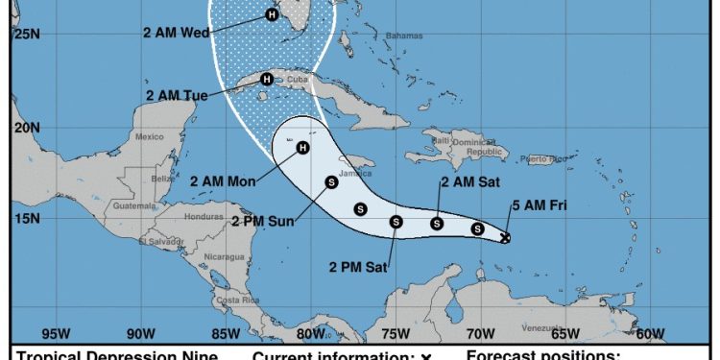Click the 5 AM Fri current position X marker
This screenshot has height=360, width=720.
click(506, 237)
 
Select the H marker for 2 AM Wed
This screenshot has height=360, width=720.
click(272, 14)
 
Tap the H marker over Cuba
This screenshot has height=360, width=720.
click(267, 79)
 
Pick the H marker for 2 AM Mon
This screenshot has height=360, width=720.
click(302, 147)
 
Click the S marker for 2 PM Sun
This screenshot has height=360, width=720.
click(331, 180)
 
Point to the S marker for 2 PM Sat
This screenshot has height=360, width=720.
click(396, 222)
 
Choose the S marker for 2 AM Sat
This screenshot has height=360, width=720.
click(437, 224)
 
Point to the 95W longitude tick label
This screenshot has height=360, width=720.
click(57, 334)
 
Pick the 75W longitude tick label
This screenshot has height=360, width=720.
click(396, 334)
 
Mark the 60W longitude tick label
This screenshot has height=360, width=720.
click(650, 334)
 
